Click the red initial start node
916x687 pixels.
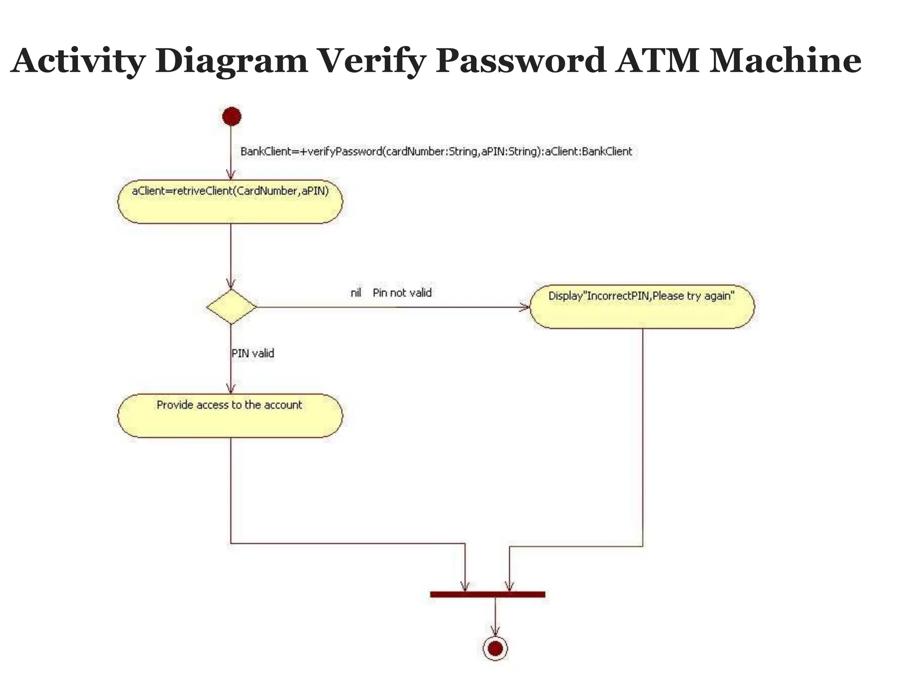coord(232,117)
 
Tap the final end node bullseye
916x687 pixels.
coord(495,648)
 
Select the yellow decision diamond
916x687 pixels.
coord(231,307)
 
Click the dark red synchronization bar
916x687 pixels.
coord(488,594)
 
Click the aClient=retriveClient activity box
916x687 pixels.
coord(230,202)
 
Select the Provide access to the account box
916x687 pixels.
coord(230,416)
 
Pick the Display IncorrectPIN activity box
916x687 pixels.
coord(642,307)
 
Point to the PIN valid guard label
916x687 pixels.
coord(253,353)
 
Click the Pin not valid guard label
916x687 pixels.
coord(402,293)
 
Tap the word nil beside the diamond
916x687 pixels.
coord(356,293)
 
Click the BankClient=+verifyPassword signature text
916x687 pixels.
coord(436,152)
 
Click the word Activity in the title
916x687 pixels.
coord(78,61)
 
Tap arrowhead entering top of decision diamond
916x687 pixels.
coord(231,284)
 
